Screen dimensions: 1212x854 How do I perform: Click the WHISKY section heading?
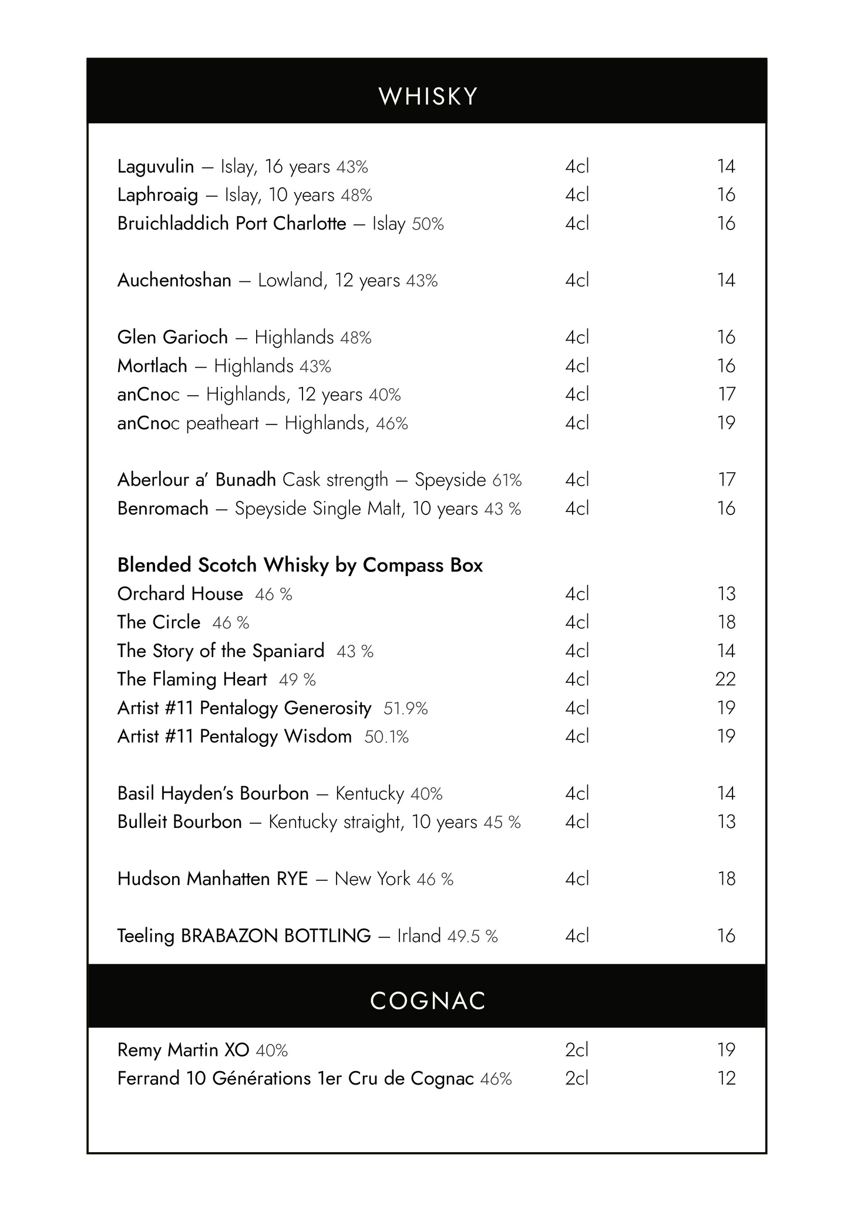(428, 96)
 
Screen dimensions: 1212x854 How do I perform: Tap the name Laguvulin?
(156, 167)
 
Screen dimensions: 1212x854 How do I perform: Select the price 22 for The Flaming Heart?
(725, 679)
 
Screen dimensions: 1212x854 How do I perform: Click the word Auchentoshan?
(174, 281)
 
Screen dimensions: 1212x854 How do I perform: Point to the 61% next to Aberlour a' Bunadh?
(507, 480)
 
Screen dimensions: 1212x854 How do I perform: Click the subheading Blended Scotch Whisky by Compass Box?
(300, 565)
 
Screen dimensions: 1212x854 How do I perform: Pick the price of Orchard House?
(726, 594)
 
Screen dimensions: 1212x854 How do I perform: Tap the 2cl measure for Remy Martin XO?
(577, 1050)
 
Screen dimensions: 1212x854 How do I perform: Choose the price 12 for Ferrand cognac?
(726, 1079)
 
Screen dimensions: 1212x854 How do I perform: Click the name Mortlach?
(152, 366)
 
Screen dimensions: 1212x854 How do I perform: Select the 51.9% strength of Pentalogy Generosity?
(405, 709)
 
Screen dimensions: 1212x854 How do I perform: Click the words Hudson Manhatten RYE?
(212, 879)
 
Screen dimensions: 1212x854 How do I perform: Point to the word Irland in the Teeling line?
(419, 936)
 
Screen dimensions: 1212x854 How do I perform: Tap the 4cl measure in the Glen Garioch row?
(577, 338)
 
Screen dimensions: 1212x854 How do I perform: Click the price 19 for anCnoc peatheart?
(726, 423)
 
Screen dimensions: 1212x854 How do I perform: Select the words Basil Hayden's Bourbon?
(213, 794)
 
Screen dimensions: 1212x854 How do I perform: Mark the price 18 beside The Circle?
(726, 622)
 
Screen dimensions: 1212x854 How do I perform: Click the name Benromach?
(163, 509)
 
